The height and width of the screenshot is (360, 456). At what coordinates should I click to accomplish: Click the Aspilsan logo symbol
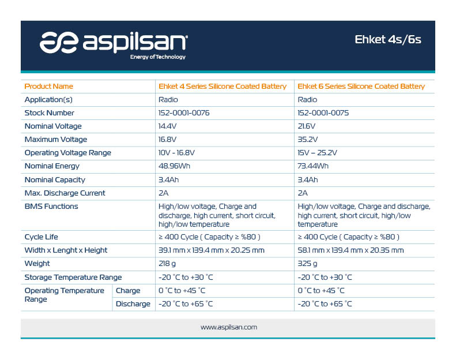click(x=59, y=43)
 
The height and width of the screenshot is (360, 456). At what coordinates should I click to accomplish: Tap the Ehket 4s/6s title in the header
click(x=387, y=40)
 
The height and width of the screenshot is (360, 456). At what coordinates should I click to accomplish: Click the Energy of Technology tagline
click(x=157, y=57)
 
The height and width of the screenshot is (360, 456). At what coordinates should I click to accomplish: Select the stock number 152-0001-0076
click(x=184, y=113)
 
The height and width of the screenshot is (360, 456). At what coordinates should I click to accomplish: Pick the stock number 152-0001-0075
click(x=323, y=113)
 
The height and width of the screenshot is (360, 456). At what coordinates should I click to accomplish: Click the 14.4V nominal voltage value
click(x=168, y=126)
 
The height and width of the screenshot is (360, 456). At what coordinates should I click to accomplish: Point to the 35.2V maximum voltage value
click(x=308, y=140)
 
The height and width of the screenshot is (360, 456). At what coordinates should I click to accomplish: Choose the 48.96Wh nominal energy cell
click(x=174, y=166)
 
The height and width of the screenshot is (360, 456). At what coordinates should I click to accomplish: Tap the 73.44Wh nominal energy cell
click(x=313, y=166)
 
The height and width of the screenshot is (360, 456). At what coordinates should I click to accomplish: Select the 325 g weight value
click(x=307, y=264)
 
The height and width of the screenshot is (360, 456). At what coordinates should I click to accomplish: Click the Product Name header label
click(x=49, y=87)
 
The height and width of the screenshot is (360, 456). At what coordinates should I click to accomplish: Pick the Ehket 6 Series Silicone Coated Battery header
click(x=361, y=87)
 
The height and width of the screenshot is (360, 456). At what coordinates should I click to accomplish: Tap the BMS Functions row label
click(x=51, y=207)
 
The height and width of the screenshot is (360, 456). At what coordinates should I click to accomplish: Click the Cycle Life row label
click(x=42, y=237)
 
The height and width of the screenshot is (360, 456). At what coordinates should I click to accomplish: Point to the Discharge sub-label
click(x=133, y=304)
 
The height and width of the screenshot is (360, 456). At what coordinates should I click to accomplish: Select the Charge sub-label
click(x=128, y=291)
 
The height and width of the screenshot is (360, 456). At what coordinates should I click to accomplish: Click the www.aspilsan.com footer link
click(x=229, y=327)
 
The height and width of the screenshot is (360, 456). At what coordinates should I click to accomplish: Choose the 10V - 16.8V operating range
click(x=176, y=153)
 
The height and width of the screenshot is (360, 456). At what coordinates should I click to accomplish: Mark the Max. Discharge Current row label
click(x=65, y=193)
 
